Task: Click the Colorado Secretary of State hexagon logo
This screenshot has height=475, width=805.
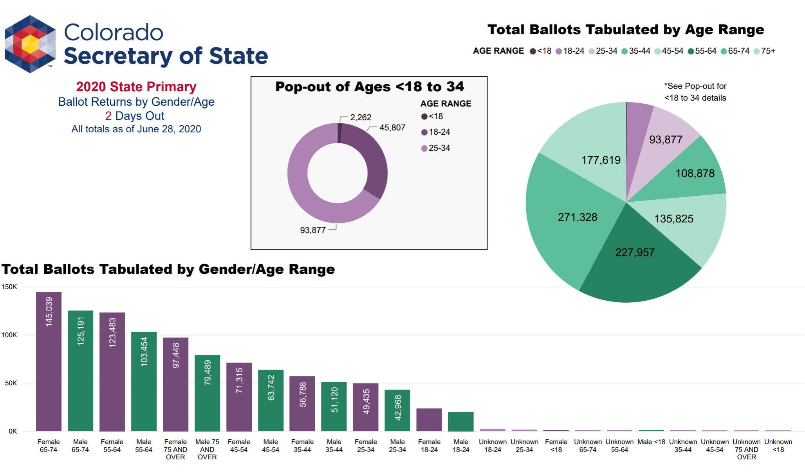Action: tap(30, 44)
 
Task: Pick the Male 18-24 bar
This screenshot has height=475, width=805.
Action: tap(460, 421)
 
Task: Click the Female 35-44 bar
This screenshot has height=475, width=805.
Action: tap(302, 403)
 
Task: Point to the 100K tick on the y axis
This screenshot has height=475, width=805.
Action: tap(9, 335)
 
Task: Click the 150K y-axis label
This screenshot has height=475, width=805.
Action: tap(9, 287)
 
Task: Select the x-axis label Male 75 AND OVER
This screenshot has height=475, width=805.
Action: tap(207, 449)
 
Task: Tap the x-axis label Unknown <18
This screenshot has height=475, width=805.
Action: tap(778, 446)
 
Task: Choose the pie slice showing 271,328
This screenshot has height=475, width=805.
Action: tap(568, 219)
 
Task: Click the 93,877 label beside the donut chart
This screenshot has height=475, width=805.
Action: tap(313, 230)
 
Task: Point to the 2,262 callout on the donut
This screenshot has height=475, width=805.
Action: tap(360, 117)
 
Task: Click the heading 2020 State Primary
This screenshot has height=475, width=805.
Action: tap(136, 87)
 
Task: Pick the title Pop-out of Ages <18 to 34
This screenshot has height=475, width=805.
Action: tap(369, 87)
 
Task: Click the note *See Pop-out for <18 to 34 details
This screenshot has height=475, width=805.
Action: tap(695, 92)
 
